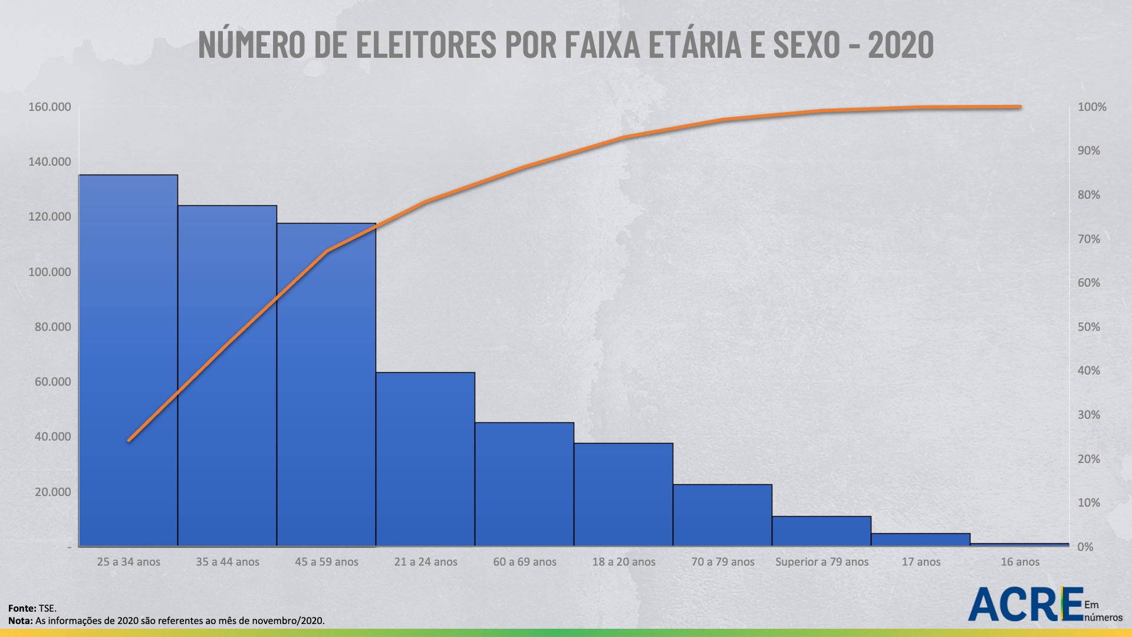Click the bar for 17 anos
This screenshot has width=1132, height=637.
(x=920, y=539)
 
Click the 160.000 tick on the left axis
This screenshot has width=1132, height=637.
(x=50, y=107)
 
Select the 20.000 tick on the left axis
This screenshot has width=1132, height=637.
(x=52, y=492)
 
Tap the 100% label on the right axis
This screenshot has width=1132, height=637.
(x=1092, y=107)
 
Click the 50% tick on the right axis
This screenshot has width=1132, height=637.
(x=1088, y=327)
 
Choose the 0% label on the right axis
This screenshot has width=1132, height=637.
(x=1085, y=547)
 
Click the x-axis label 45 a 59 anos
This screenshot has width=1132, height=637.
(x=327, y=562)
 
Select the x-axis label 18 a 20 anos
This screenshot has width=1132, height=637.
(x=624, y=562)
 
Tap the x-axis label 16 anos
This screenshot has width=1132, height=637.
(x=1020, y=562)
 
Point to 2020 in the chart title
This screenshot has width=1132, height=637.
(x=901, y=44)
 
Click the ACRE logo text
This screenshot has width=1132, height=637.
(x=1026, y=605)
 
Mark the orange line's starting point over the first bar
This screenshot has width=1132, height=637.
(x=129, y=441)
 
